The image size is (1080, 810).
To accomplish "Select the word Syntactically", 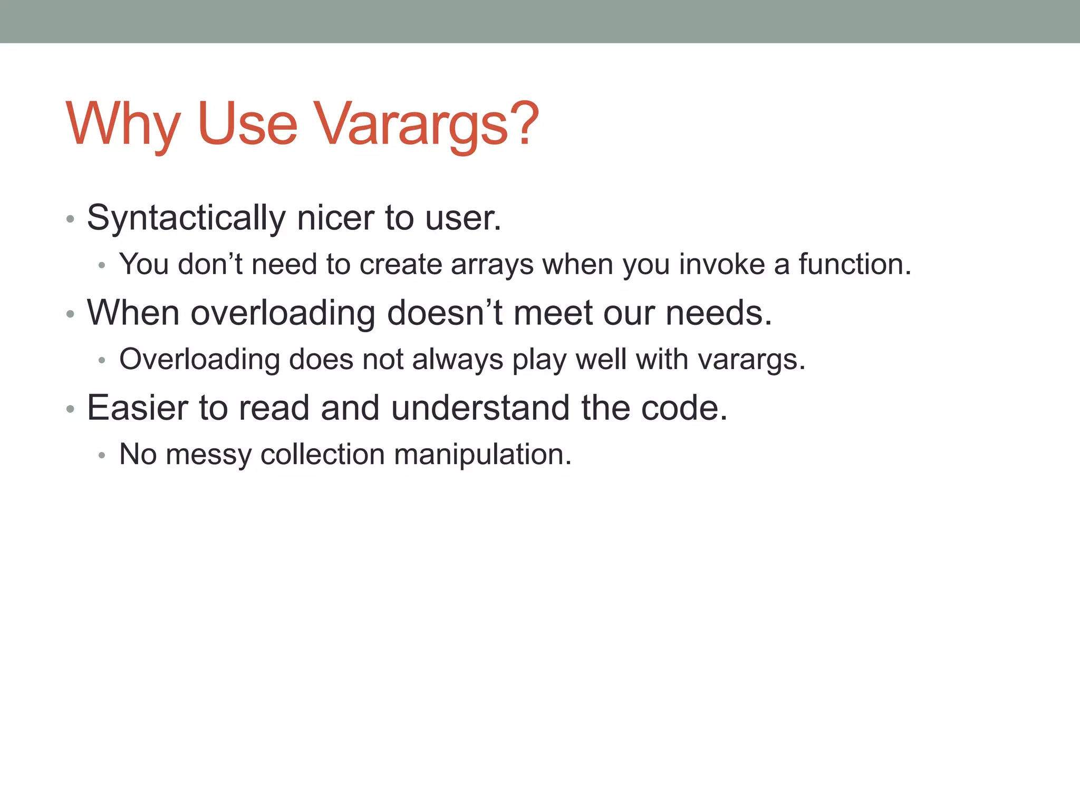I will pos(186,218).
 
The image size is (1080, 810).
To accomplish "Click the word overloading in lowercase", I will pos(283,313).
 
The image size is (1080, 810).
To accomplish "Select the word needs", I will pos(718,313).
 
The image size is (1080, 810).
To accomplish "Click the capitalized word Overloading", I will pos(199,360).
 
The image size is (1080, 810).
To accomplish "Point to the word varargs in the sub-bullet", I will pos(751,360).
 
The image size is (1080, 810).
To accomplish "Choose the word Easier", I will pos(138,408).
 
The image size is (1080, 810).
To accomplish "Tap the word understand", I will pos(480,408).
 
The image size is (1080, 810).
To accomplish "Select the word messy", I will pos(209,455).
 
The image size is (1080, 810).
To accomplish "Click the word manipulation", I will pos(482,455).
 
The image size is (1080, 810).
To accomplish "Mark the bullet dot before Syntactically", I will pos(70,219).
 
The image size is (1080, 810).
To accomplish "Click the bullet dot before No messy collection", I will pos(102,456).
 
